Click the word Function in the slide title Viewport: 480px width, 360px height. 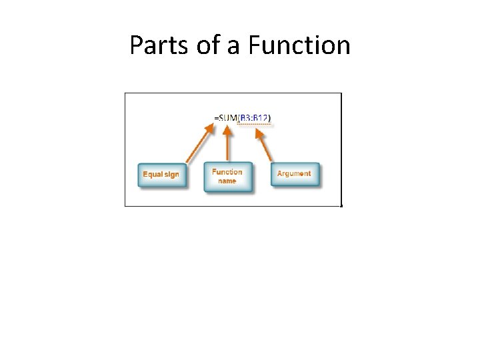299,45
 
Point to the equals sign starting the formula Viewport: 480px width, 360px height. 216,119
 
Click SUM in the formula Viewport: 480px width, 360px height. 227,119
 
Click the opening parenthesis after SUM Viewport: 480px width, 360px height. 237,119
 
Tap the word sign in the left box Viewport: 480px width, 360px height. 171,175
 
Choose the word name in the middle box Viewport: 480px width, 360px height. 227,181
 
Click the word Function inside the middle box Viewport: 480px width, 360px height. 227,172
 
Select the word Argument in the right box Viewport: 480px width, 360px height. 294,173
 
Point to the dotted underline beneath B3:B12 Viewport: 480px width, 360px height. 255,123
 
